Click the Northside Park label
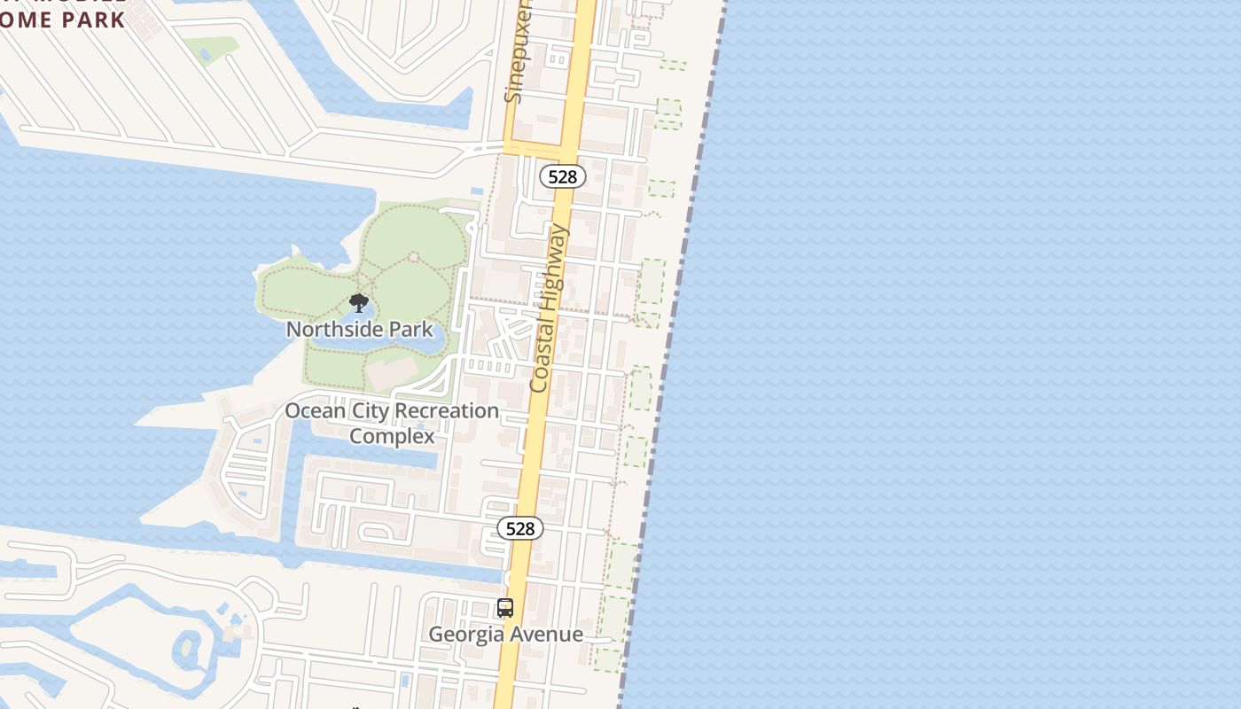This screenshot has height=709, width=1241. (x=359, y=329)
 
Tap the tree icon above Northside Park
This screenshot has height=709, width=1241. (x=358, y=304)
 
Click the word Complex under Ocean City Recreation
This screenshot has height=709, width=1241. (x=392, y=436)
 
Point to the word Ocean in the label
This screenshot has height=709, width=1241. (x=315, y=411)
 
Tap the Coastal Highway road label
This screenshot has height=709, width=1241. (x=549, y=308)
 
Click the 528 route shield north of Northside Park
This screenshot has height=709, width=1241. (x=562, y=176)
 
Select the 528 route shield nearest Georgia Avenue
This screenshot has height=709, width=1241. (x=519, y=528)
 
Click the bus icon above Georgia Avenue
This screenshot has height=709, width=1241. (x=505, y=608)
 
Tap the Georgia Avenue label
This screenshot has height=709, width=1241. (x=505, y=634)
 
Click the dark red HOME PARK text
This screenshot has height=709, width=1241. (x=62, y=19)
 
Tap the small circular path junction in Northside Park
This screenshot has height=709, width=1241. (x=413, y=257)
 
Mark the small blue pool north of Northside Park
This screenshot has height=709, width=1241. (x=477, y=191)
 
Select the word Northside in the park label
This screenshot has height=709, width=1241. (x=327, y=329)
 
